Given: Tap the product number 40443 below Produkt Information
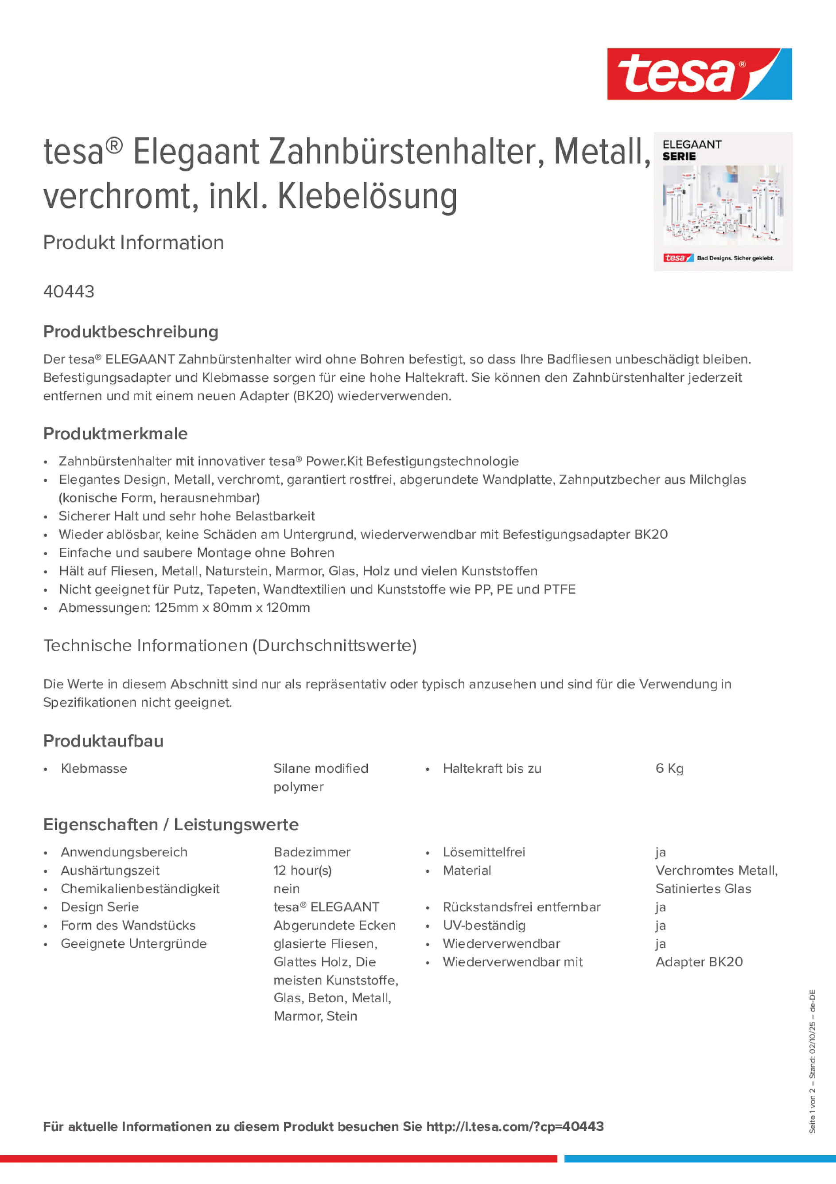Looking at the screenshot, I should [69, 291].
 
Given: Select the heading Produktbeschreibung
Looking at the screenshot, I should [131, 332].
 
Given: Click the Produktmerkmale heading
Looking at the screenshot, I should [116, 434].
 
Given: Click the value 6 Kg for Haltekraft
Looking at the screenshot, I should [669, 768].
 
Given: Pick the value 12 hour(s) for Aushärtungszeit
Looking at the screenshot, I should [303, 871].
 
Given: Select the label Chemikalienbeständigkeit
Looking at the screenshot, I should [140, 888].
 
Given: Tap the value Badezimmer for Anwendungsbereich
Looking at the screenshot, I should [312, 852].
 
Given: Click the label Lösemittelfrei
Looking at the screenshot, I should [484, 852].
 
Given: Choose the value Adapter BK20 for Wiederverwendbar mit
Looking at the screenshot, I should [699, 962].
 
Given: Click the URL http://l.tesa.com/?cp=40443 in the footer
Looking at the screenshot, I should [515, 1126].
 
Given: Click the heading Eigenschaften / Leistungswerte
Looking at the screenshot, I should [171, 825].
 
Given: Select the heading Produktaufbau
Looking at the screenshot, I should [103, 741].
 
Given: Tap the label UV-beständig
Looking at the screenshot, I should [484, 925].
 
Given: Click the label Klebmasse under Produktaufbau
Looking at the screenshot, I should [94, 768].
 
